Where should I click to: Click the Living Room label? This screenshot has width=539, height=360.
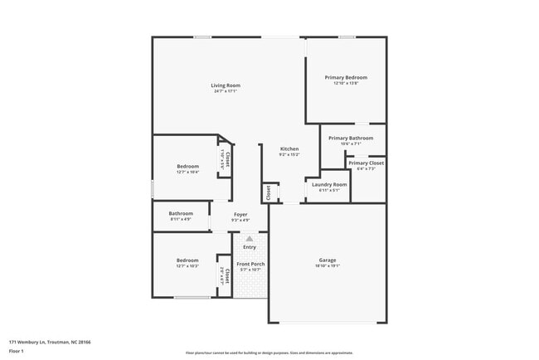tap(225, 85)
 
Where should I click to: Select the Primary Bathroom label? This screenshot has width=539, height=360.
tap(351, 138)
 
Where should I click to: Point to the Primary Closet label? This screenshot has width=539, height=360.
tap(366, 163)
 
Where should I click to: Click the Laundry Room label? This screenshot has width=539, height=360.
tap(329, 184)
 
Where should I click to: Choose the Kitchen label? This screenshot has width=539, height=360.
tap(289, 149)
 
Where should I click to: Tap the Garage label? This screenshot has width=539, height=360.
tap(328, 260)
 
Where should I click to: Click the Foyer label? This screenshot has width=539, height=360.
tap(240, 214)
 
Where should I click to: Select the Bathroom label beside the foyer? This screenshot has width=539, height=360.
tap(181, 213)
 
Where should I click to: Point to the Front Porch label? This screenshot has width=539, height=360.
tap(250, 264)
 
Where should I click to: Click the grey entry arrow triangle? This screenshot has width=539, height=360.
tap(249, 238)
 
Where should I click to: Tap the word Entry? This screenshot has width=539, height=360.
tap(250, 246)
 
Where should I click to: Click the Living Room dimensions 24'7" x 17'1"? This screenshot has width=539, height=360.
tap(225, 91)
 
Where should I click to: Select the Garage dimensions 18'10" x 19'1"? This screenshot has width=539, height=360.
tap(328, 265)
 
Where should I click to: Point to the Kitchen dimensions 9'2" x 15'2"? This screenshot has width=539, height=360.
tap(289, 155)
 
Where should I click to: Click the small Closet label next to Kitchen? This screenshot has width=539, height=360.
tap(269, 192)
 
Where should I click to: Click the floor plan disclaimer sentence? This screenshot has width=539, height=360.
tap(269, 352)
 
